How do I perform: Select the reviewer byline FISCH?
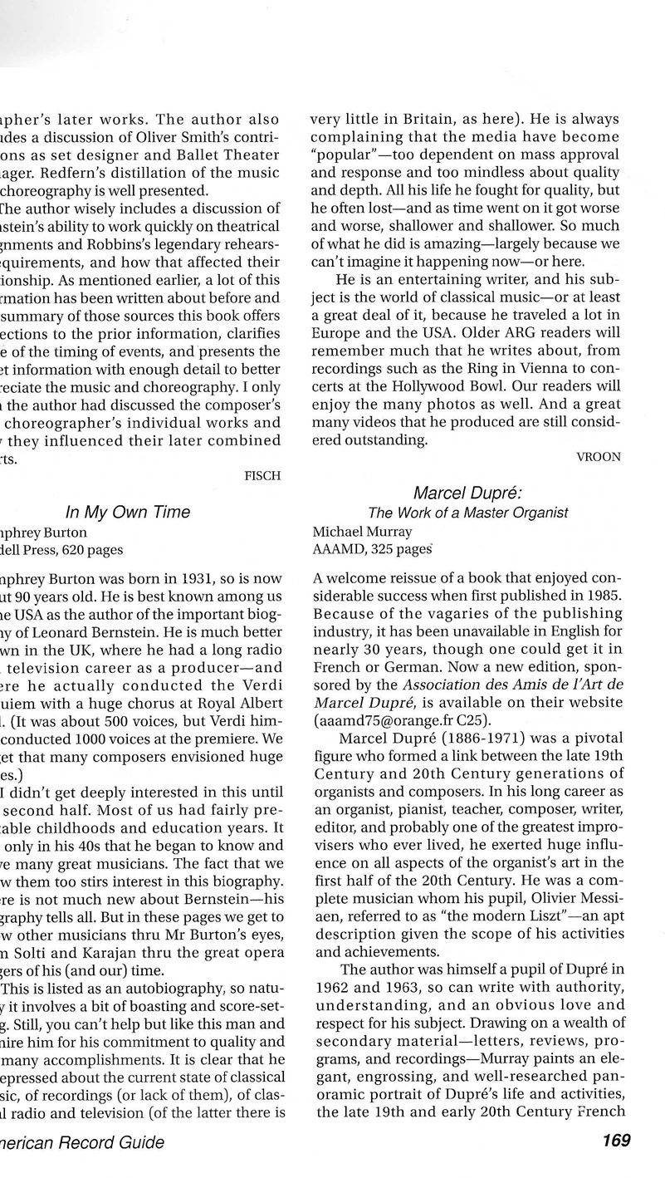pyautogui.click(x=263, y=475)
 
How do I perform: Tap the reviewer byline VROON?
pyautogui.click(x=598, y=456)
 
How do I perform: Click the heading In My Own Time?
pyautogui.click(x=128, y=512)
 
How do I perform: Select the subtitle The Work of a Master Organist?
pyautogui.click(x=468, y=513)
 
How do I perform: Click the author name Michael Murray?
pyautogui.click(x=361, y=531)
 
